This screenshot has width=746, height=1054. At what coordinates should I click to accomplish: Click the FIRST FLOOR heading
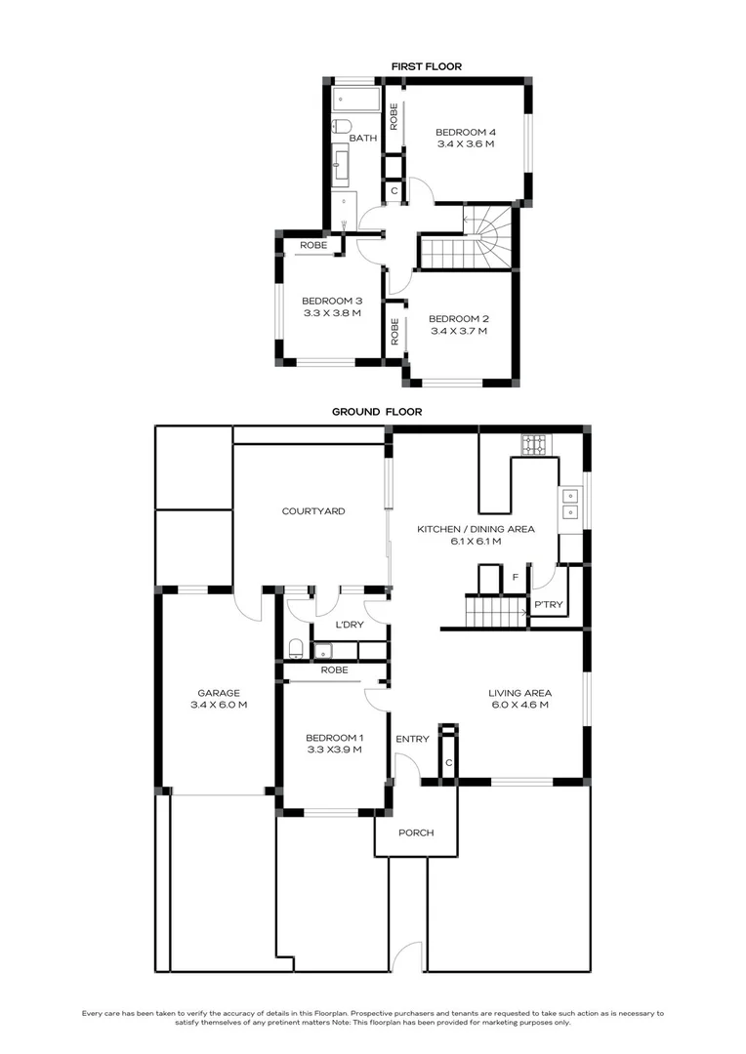(427, 66)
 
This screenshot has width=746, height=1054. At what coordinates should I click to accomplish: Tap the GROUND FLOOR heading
(377, 412)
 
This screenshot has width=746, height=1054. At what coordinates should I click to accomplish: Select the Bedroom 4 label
(466, 133)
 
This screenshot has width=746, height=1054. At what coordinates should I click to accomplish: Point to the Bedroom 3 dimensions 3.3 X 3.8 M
(332, 313)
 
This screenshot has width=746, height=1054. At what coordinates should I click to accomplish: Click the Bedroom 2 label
(459, 318)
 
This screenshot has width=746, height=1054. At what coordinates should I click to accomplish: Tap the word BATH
(363, 138)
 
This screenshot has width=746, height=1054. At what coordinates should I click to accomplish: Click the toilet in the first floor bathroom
(341, 126)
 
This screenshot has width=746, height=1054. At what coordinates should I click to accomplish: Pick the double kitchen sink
(570, 505)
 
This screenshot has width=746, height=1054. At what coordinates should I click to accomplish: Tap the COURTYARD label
(313, 510)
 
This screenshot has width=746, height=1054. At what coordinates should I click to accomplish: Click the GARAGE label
(219, 693)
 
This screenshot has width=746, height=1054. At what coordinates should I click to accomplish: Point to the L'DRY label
(350, 625)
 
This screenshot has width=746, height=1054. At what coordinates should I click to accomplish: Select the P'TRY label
(548, 604)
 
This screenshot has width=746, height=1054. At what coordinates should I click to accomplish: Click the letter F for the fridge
(516, 578)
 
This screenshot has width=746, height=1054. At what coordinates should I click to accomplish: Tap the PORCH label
(416, 832)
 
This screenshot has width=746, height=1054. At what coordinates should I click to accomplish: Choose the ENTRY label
(412, 739)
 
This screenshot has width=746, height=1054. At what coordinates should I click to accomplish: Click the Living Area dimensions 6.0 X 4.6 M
(520, 706)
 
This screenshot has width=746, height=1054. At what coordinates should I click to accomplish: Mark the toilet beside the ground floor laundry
(296, 649)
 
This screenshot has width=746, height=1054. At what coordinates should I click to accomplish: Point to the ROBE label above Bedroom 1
(334, 670)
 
